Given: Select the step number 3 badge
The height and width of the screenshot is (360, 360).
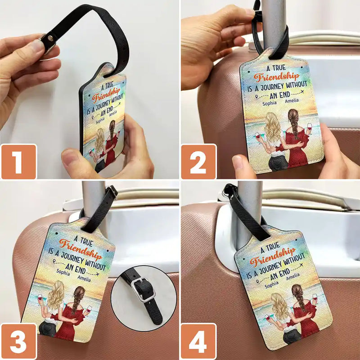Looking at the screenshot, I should pyautogui.click(x=18, y=342).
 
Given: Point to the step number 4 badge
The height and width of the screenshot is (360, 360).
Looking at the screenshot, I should pyautogui.click(x=198, y=342).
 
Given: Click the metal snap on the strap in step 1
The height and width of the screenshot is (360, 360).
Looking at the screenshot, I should pyautogui.click(x=47, y=40).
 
